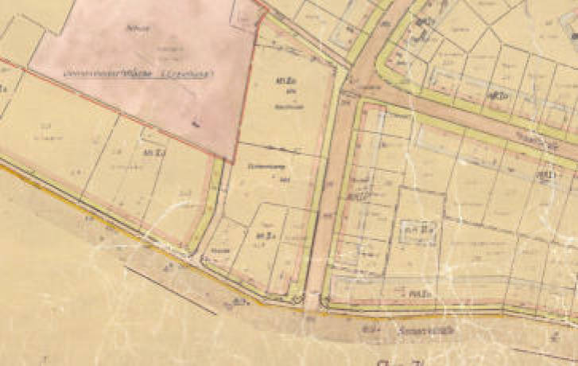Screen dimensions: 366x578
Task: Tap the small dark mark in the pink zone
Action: coord(195,123)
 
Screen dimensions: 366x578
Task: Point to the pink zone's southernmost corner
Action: coord(232,162)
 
